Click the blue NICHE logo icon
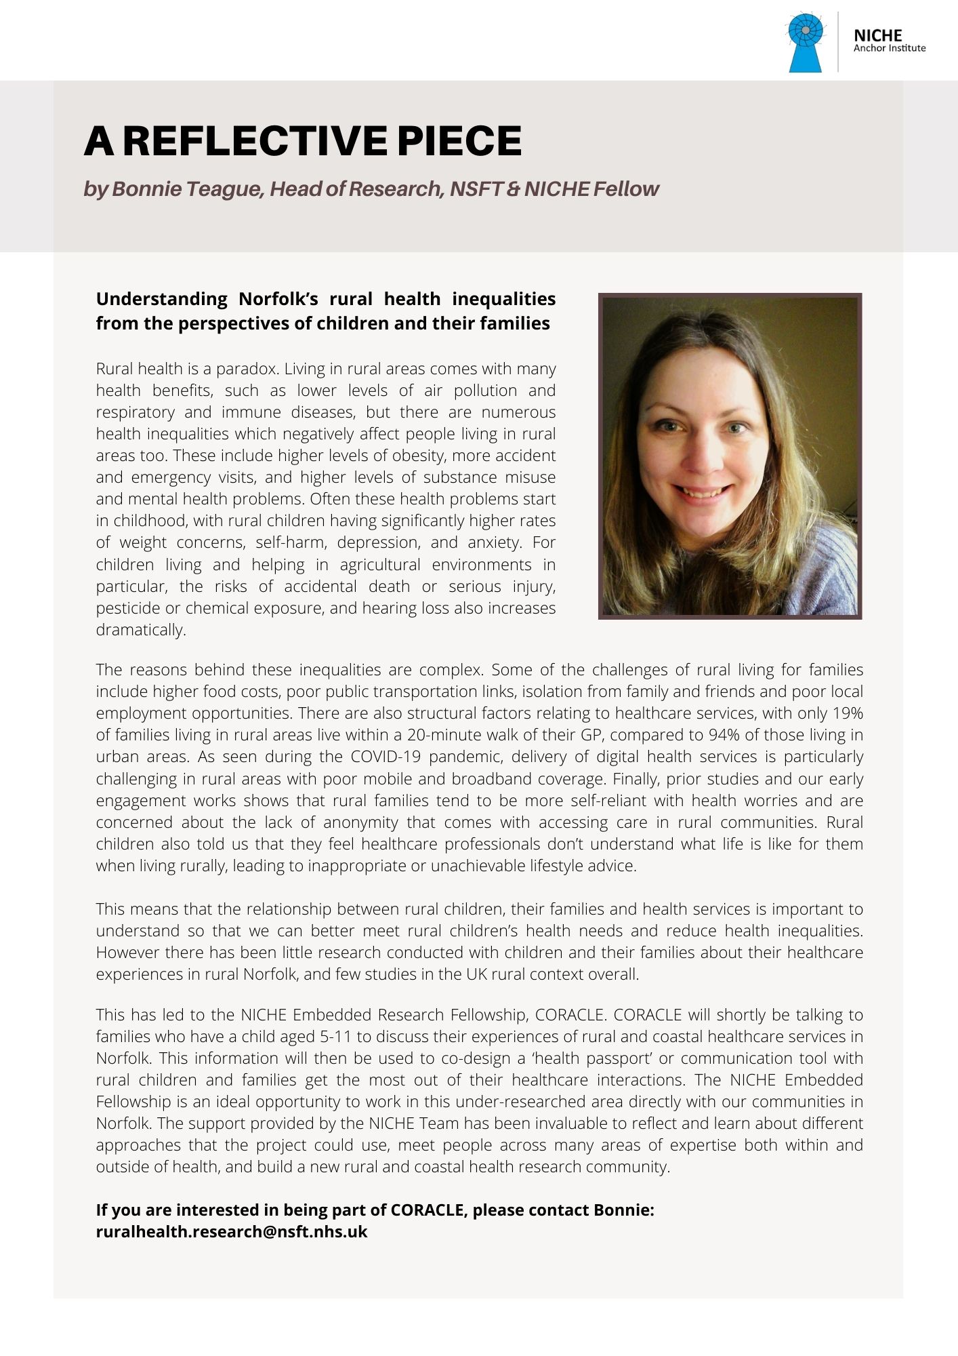coord(806,41)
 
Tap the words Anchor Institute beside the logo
coord(889,48)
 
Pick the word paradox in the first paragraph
coord(247,369)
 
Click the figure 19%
coord(848,713)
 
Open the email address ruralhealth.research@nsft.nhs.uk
coord(232,1232)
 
